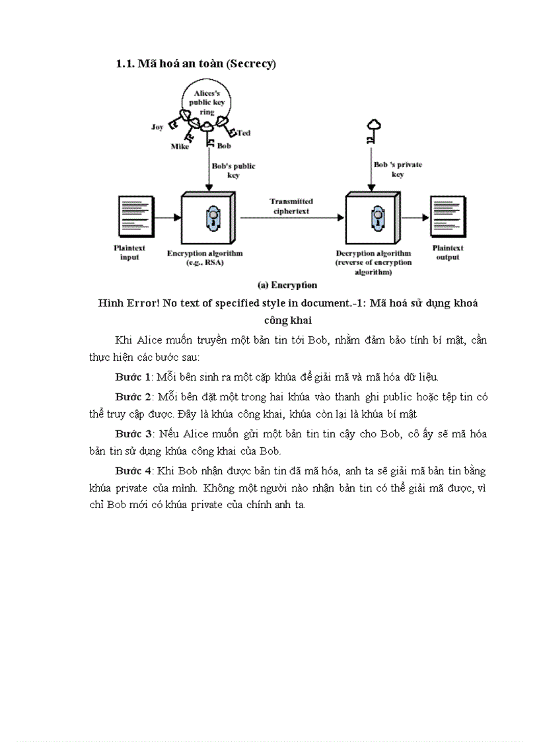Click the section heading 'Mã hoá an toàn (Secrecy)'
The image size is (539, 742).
[x=196, y=63]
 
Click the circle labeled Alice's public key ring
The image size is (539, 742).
[x=207, y=103]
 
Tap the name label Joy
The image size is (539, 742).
[x=157, y=127]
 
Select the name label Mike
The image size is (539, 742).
[x=180, y=147]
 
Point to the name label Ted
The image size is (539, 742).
[x=244, y=133]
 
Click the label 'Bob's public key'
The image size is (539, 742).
[x=233, y=170]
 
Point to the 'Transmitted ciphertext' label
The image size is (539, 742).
[x=291, y=205]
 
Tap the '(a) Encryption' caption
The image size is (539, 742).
[x=287, y=285]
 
